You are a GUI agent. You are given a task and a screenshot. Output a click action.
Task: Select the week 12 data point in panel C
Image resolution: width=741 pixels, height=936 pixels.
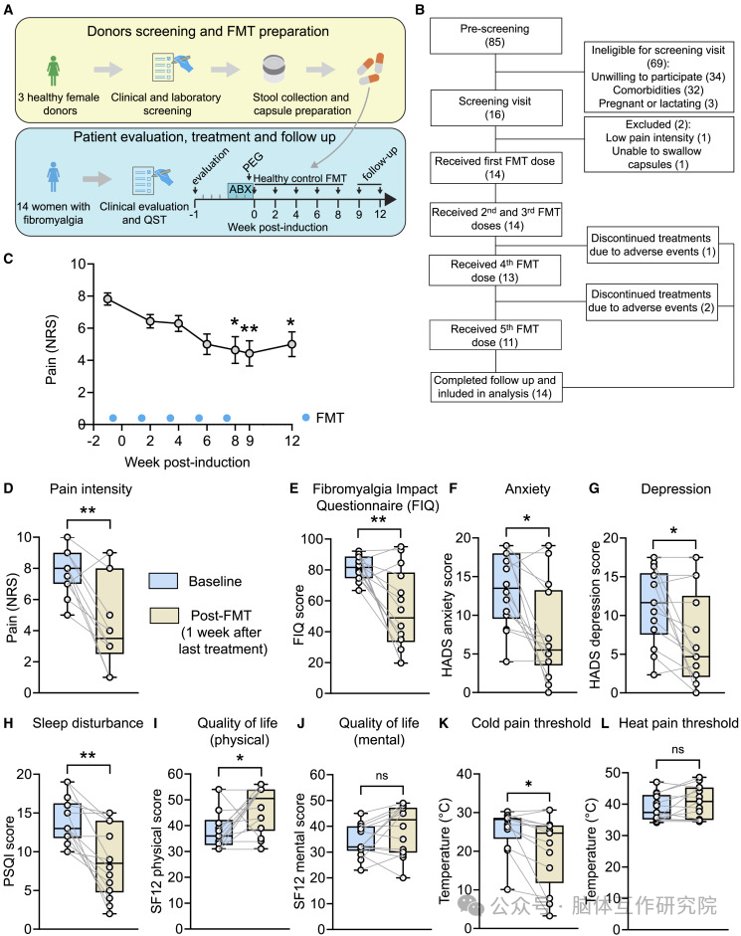tap(290, 344)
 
